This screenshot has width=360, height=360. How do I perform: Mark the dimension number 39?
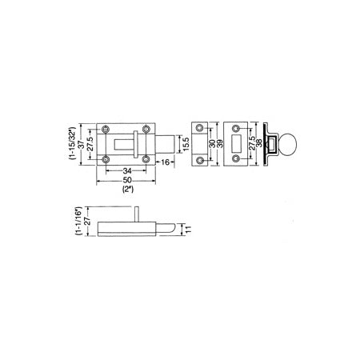click(x=221, y=144)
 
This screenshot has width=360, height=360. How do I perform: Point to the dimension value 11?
click(x=188, y=230)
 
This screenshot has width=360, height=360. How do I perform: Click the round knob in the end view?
click(x=291, y=145)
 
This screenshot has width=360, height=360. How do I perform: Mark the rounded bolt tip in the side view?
click(x=170, y=230)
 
